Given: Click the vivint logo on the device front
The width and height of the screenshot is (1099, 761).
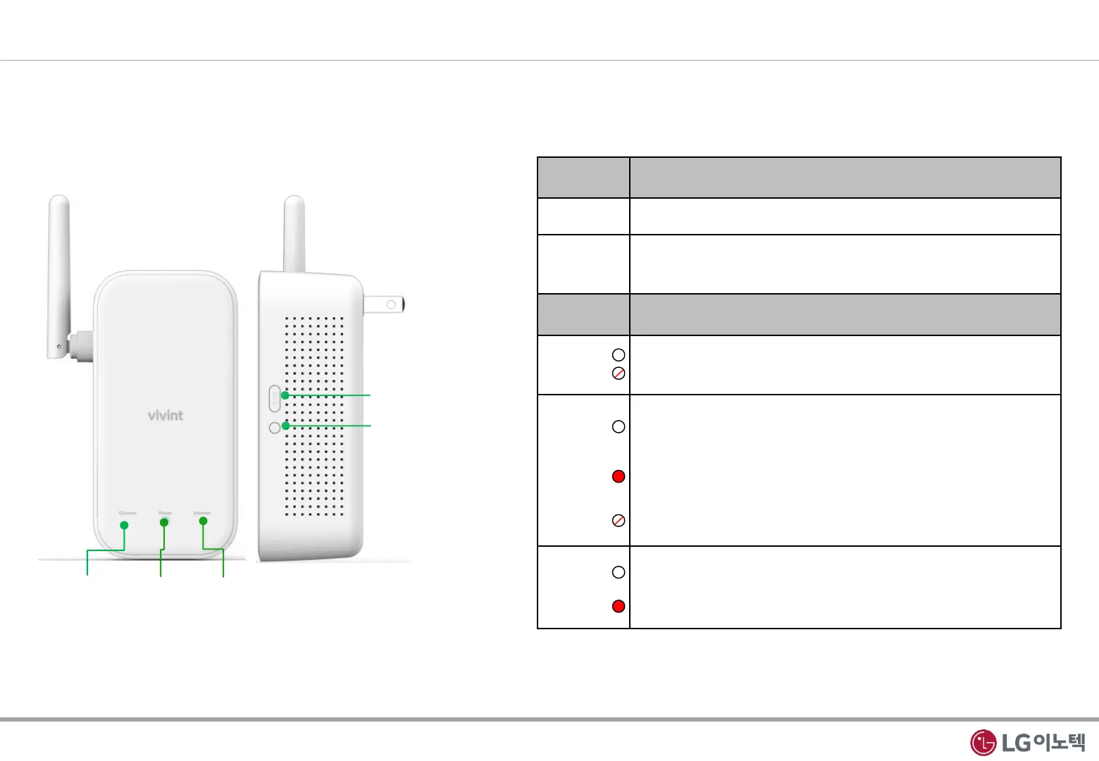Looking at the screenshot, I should (166, 415).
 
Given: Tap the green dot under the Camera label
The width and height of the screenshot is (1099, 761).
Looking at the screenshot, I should (125, 525).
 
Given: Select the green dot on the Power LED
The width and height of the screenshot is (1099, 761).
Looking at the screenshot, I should (164, 522).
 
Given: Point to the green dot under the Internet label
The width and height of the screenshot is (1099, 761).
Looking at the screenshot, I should (203, 521).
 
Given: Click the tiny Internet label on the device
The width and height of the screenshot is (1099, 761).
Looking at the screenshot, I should (202, 513).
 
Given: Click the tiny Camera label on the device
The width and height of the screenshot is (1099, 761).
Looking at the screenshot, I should (128, 513).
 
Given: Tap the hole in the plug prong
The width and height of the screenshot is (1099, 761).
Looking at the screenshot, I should (391, 305).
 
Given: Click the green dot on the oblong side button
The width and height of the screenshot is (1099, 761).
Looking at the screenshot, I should (285, 395).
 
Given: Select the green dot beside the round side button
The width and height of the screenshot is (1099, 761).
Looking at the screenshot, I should (285, 426).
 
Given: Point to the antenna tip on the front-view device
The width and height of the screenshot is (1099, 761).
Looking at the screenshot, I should (59, 202).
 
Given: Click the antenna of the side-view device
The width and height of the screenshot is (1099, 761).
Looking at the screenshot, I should (294, 233).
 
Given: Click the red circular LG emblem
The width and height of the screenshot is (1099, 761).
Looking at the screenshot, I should (983, 743).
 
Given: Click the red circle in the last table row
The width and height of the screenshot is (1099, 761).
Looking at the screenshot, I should (619, 606).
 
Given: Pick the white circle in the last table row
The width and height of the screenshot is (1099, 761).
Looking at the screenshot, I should (619, 572).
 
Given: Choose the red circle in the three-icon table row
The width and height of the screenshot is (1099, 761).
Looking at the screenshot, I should (619, 476).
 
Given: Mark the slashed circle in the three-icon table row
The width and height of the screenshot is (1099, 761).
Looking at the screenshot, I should (619, 521).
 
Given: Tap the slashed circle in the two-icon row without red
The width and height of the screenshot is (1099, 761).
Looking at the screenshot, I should (619, 373).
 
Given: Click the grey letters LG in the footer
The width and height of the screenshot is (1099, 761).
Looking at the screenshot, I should (1016, 743).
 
